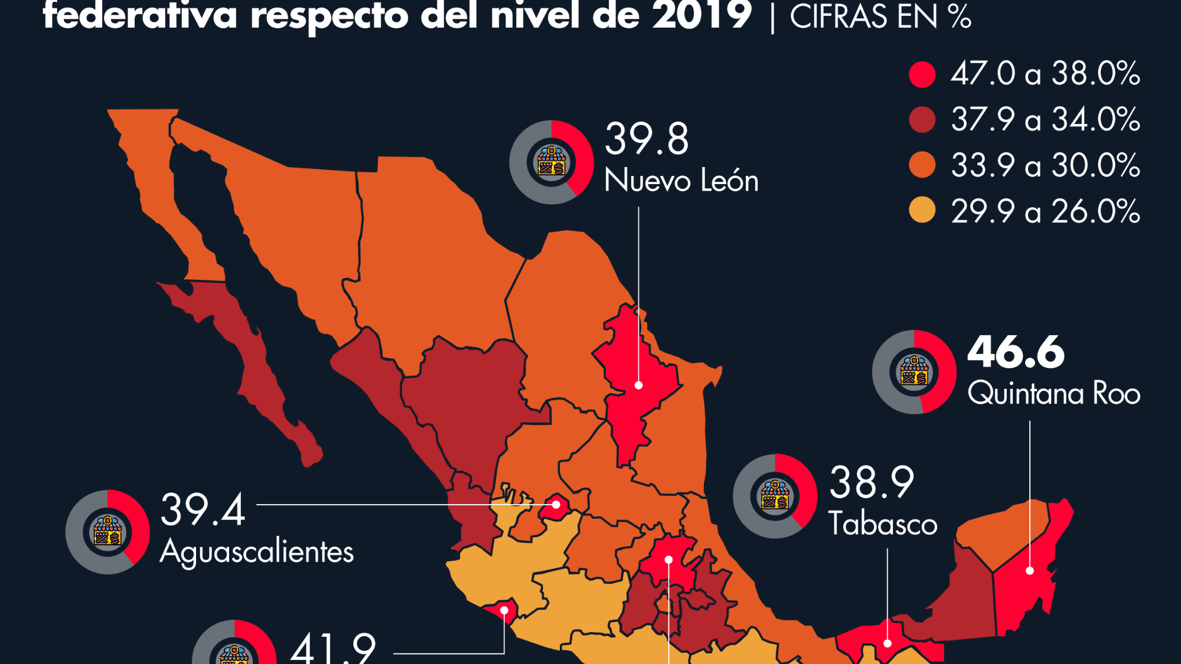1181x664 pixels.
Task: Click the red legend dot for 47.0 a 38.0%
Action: tap(922, 74)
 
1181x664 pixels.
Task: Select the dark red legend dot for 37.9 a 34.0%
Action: tap(922, 120)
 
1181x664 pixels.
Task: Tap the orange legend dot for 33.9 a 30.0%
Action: tap(922, 165)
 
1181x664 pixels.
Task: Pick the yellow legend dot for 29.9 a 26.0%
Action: tap(922, 211)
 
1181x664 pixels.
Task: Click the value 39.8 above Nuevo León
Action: tap(647, 139)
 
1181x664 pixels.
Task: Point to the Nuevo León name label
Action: tap(681, 181)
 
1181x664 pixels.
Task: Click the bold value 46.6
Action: tap(1016, 352)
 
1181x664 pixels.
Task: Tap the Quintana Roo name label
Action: tap(1054, 394)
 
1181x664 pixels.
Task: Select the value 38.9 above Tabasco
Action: tap(872, 483)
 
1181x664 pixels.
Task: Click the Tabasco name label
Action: tap(883, 524)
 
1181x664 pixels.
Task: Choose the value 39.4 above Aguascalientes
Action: tap(203, 510)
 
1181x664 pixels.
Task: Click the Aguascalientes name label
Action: tap(257, 552)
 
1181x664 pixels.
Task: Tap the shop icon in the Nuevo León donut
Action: tap(552, 162)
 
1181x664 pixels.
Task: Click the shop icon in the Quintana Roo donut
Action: tap(914, 372)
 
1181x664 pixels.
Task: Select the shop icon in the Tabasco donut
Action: tap(775, 496)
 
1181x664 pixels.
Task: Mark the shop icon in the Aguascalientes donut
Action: tap(107, 531)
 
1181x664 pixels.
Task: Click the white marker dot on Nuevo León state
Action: tap(638, 385)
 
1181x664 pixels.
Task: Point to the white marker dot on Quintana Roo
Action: tap(1030, 571)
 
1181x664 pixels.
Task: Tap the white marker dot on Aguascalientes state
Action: tap(556, 505)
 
